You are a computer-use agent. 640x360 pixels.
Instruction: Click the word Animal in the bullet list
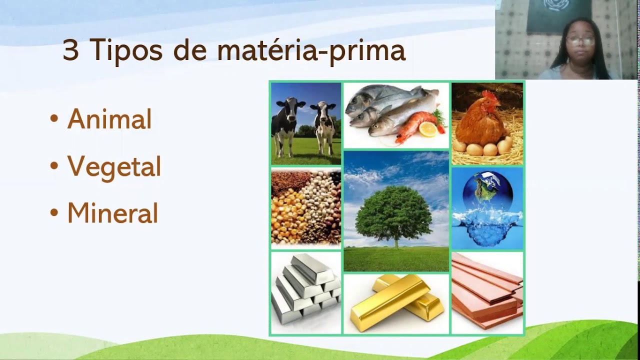click(x=109, y=119)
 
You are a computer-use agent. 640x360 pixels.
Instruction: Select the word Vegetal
click(x=114, y=166)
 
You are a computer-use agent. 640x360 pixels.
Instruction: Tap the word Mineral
click(x=112, y=213)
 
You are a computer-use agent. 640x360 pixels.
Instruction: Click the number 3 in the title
click(x=70, y=51)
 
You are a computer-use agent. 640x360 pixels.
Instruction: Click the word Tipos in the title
click(x=126, y=51)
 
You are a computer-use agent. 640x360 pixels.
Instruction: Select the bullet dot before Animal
click(x=54, y=119)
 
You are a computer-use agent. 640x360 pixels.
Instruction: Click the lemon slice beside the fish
click(x=427, y=130)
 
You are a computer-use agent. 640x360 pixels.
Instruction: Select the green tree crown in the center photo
click(x=394, y=212)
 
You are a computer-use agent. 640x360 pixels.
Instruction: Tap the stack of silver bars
click(x=306, y=290)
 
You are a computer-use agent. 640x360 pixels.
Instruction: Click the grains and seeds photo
click(x=306, y=207)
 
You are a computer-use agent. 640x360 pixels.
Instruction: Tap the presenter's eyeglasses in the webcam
click(x=580, y=41)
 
